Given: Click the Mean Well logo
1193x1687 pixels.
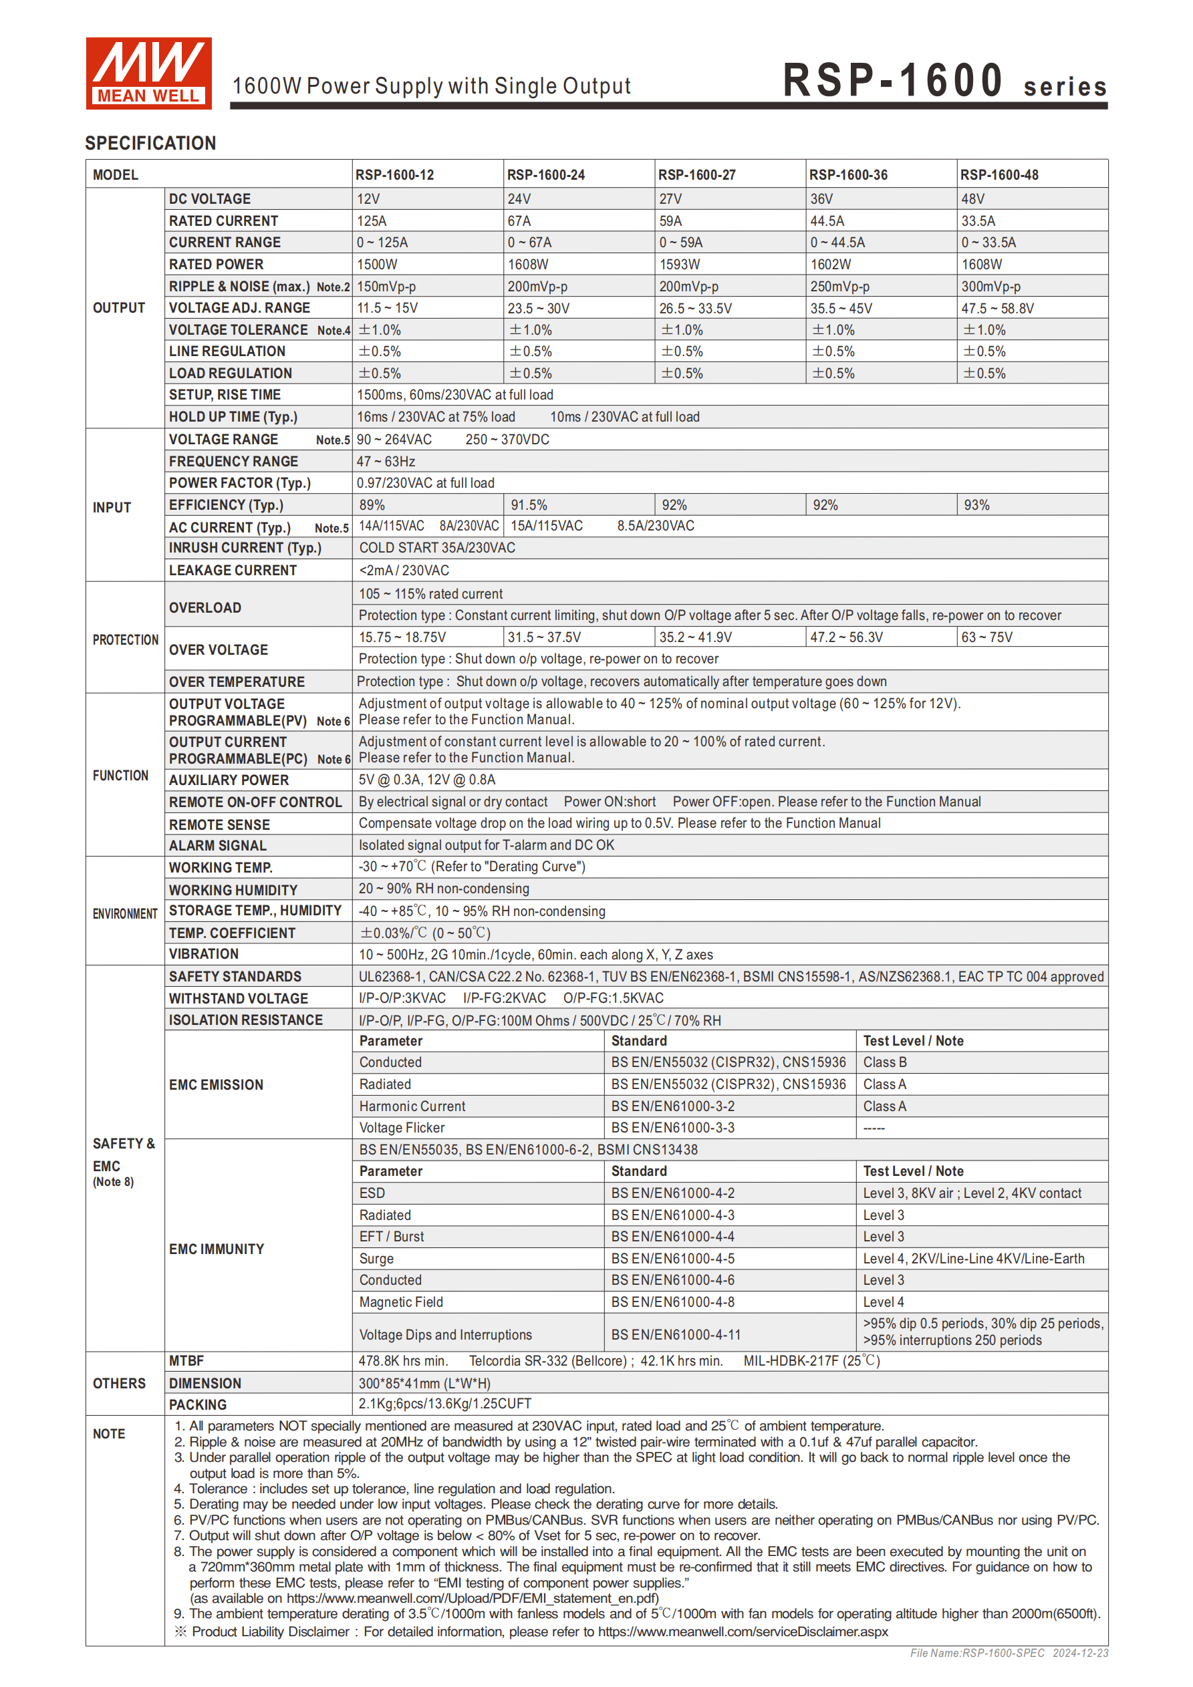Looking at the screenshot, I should tap(148, 73).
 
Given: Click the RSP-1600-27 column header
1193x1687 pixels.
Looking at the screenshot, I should tap(696, 175).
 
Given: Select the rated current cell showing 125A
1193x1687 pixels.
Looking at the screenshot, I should tap(372, 221).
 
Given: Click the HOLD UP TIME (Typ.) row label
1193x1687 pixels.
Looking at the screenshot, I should tap(233, 417).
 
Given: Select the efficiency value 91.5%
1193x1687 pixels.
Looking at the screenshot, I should tap(529, 506).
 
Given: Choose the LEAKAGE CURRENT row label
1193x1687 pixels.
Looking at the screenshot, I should tap(233, 570).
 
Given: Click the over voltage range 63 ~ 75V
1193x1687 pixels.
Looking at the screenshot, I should tap(986, 637).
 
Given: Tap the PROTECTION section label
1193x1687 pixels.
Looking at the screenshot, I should tap(125, 640).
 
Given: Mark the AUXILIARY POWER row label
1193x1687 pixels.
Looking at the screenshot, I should tap(229, 780).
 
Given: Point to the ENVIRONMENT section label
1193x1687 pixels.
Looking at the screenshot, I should tap(125, 914).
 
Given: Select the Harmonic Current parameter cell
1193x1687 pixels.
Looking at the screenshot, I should tap(412, 1106).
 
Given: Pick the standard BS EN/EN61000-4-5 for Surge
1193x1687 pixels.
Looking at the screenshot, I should tap(672, 1259).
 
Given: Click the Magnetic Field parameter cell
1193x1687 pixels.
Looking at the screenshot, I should tap(400, 1302).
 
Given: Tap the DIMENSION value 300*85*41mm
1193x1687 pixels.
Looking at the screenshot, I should tap(424, 1383).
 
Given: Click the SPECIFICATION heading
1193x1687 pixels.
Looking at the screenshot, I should tap(150, 143).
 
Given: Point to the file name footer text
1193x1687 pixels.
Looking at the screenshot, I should tap(1009, 1653).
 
